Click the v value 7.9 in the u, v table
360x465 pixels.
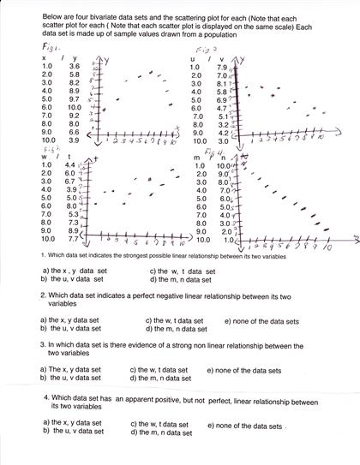coord(222,67)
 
